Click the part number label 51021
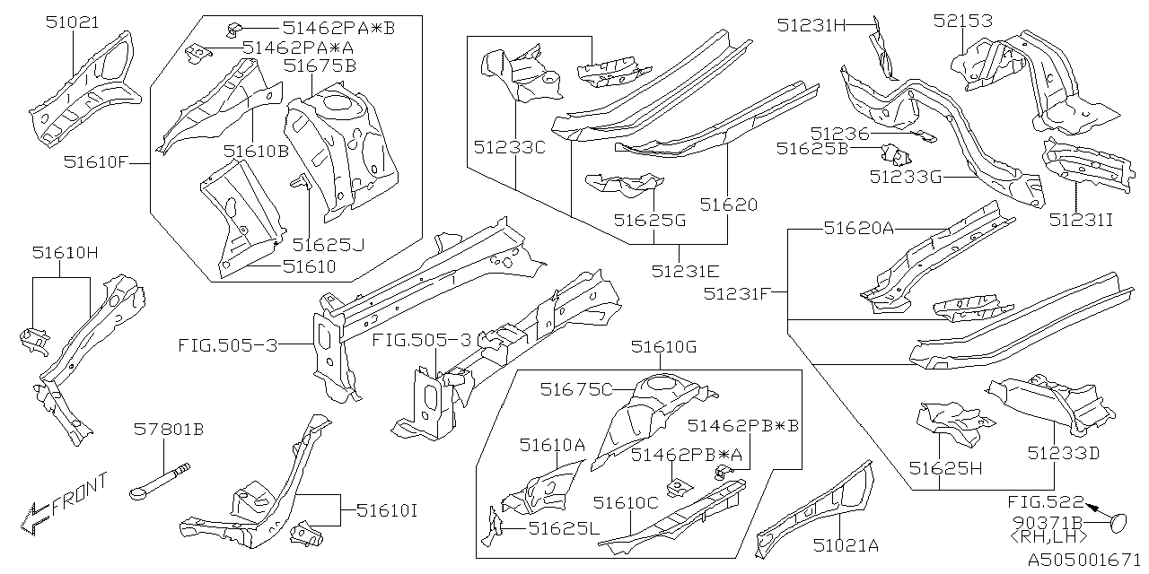[73, 22]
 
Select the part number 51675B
[320, 65]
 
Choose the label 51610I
[386, 511]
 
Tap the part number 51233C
[510, 147]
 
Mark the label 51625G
[649, 219]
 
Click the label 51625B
[812, 149]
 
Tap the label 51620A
[858, 229]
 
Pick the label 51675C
[576, 388]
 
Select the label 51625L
[563, 529]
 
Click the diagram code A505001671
[1083, 559]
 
